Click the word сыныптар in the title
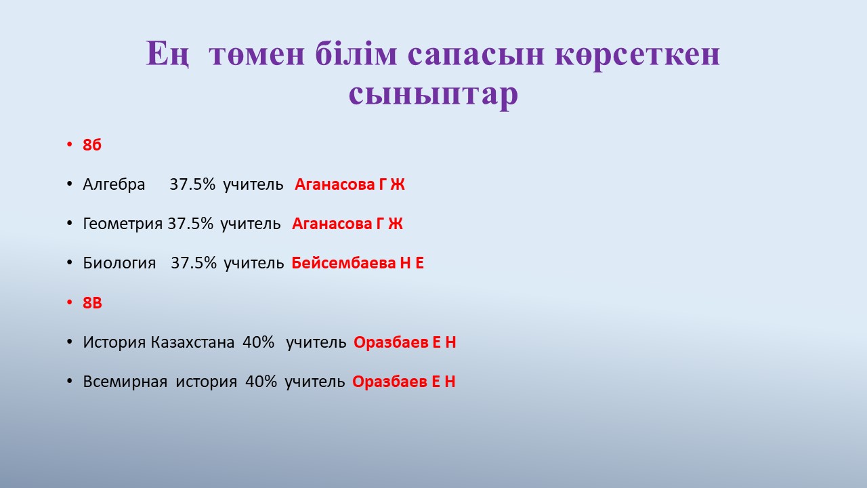[433, 94]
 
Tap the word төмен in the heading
[257, 54]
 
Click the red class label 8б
[92, 145]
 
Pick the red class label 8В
[93, 303]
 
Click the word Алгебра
[114, 184]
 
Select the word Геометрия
[123, 224]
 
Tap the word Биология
[119, 264]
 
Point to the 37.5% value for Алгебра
[192, 184]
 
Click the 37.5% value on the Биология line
[194, 264]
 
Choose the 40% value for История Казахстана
[259, 342]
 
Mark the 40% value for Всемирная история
[261, 382]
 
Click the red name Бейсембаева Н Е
[358, 264]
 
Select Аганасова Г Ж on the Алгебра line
[350, 184]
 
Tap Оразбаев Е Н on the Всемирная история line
[404, 382]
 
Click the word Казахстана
[192, 342]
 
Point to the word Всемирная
[125, 382]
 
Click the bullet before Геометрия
[70, 224]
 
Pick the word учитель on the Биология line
[254, 264]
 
